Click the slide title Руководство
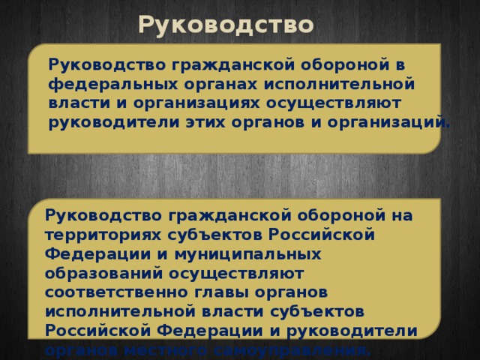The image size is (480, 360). point(225,25)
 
